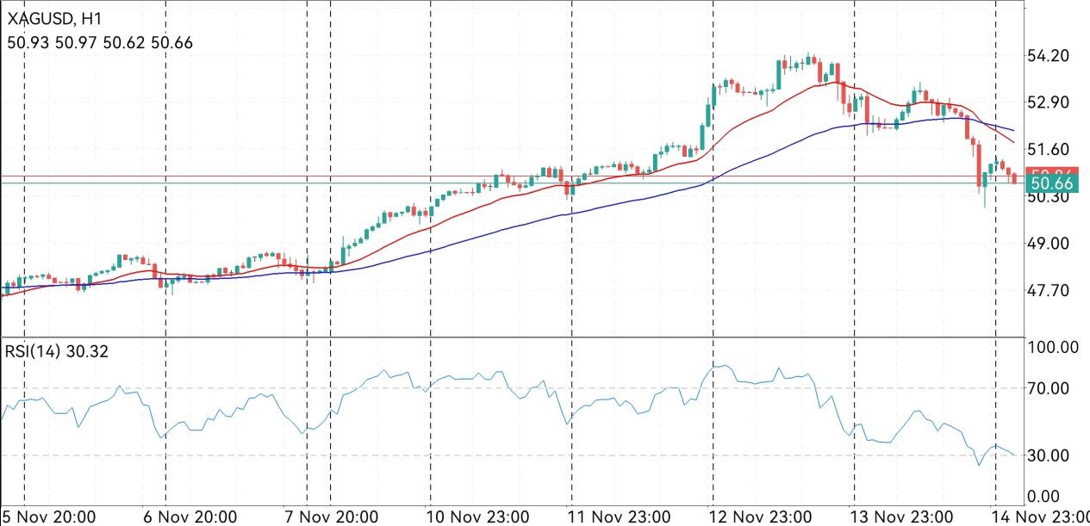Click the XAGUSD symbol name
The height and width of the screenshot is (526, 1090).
(x=40, y=17)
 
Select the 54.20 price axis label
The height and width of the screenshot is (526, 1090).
(x=1050, y=56)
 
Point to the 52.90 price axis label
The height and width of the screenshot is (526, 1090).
(x=1050, y=102)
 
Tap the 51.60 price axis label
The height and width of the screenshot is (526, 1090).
(x=1050, y=149)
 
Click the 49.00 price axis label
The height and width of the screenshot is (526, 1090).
(x=1050, y=244)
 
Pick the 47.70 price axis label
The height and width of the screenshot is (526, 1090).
(x=1050, y=291)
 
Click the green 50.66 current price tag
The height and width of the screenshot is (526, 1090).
(x=1051, y=184)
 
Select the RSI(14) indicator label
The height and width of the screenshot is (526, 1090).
(x=32, y=351)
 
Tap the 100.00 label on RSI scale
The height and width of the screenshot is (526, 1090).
(x=1055, y=348)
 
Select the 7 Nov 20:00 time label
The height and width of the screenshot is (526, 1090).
(x=332, y=517)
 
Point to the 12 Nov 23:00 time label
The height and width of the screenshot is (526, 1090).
(x=761, y=517)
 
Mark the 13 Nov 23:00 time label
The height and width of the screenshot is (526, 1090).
(x=902, y=517)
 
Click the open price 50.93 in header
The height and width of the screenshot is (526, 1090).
(x=25, y=42)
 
